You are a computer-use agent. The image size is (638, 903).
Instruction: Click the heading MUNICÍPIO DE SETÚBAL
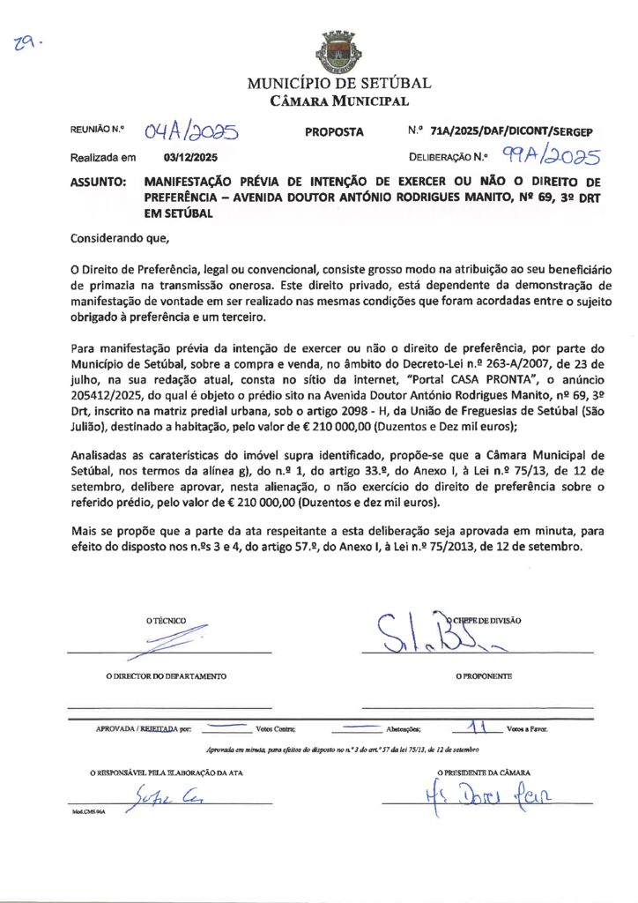[338, 84]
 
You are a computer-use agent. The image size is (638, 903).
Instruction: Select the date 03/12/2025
[190, 158]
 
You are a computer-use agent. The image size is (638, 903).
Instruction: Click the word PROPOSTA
[334, 132]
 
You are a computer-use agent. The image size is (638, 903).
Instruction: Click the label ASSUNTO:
[98, 183]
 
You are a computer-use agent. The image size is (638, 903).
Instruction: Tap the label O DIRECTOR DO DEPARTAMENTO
[166, 676]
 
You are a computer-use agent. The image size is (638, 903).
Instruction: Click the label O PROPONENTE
[484, 676]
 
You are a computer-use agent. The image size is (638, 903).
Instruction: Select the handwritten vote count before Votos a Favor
[478, 728]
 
